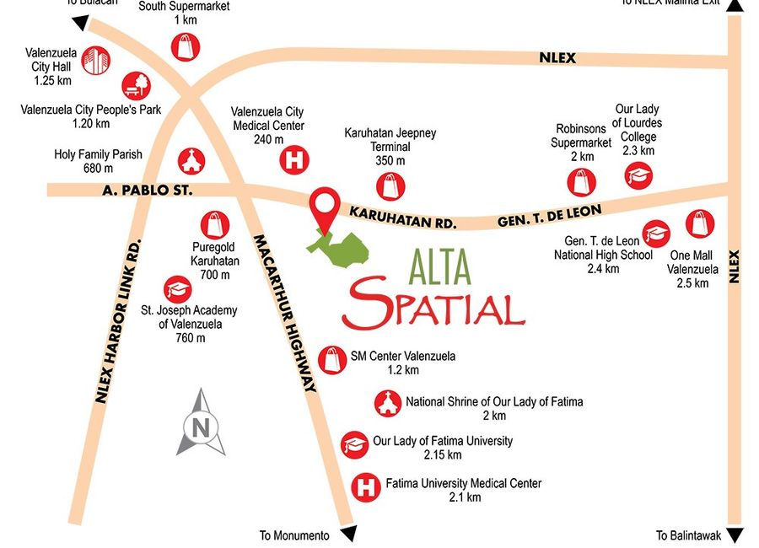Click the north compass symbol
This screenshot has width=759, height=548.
click(x=201, y=423)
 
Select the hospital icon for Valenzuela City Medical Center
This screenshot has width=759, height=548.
click(x=294, y=160)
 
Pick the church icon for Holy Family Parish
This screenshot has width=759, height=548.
click(x=190, y=159)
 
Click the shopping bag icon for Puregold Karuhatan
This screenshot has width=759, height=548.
click(x=215, y=224)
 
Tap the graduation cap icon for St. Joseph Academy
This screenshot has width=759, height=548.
click(x=178, y=289)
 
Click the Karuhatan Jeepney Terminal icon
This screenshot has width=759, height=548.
click(x=390, y=185)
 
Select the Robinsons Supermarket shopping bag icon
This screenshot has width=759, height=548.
click(x=581, y=180)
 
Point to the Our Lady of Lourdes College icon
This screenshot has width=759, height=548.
click(x=638, y=175)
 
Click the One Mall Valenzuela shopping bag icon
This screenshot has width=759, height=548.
click(x=700, y=223)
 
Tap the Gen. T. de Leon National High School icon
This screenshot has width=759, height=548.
click(x=656, y=234)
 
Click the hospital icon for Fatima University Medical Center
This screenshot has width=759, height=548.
click(x=364, y=486)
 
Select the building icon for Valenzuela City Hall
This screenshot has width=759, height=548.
click(x=96, y=60)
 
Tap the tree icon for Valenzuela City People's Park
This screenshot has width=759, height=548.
click(x=136, y=85)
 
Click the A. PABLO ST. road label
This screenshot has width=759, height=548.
click(x=148, y=191)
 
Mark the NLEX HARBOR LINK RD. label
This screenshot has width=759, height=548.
click(x=117, y=321)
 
